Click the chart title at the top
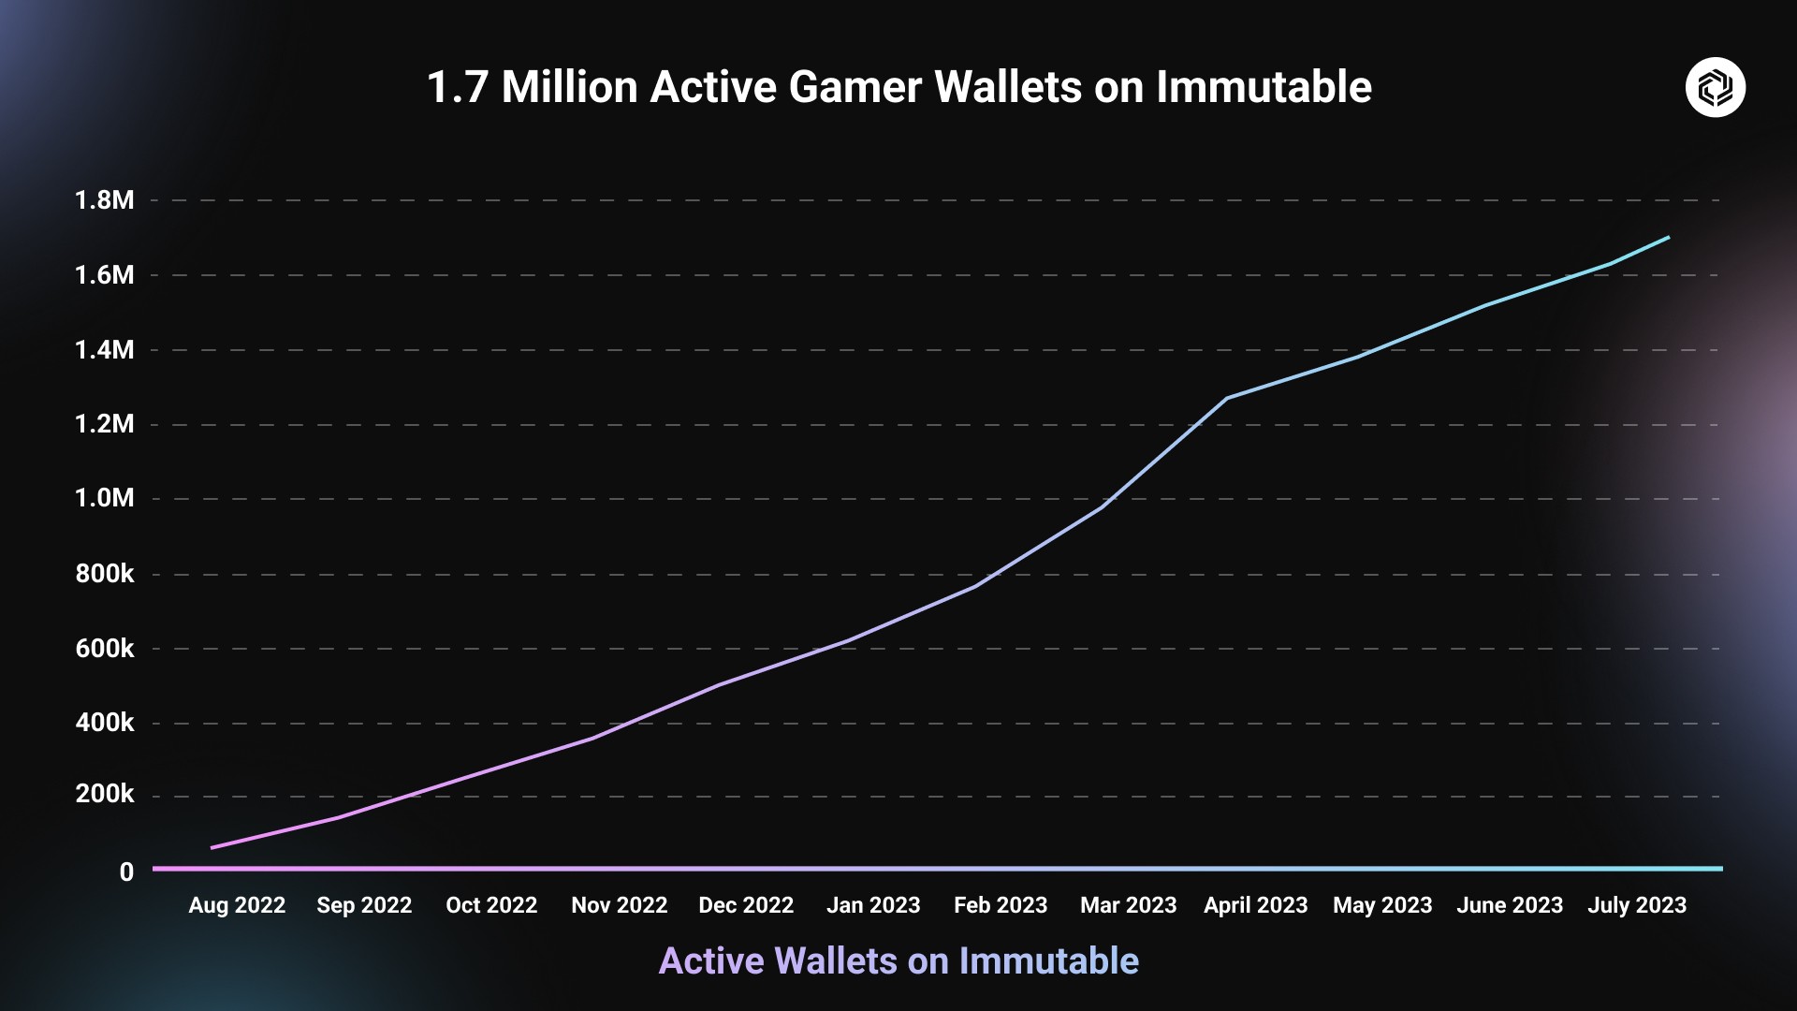[898, 87]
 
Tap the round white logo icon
[1715, 87]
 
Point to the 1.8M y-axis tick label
[105, 200]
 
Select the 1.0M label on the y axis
[105, 498]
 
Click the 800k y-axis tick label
[105, 574]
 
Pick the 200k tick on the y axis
[105, 795]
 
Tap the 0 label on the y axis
[126, 872]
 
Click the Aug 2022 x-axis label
[237, 905]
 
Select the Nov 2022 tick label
[619, 905]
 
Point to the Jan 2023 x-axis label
[873, 905]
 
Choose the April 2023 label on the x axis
[1255, 905]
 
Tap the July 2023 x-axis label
[1637, 905]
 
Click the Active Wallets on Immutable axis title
[898, 961]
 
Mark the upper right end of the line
[1669, 238]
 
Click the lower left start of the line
[212, 847]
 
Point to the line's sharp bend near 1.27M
[1227, 398]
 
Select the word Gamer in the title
[855, 87]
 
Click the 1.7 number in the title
[457, 87]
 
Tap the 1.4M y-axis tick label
[105, 350]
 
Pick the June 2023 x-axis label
[1510, 905]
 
